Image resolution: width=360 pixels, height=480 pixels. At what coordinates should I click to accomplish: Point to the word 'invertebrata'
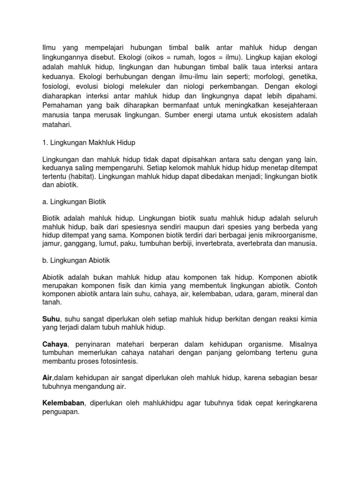[217, 244]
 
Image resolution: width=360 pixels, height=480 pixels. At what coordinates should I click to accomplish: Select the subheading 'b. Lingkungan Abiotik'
[75, 260]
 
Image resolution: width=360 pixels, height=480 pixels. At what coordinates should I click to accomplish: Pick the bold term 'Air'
[47, 378]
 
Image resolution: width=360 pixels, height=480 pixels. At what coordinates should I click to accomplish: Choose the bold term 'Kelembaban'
[64, 403]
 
